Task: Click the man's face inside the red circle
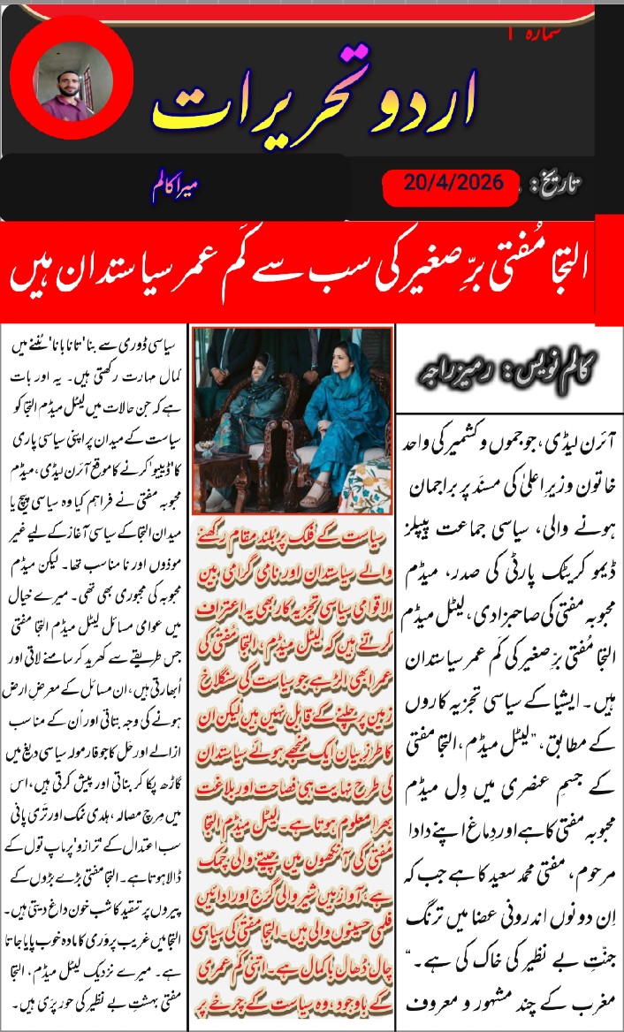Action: (x=69, y=81)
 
